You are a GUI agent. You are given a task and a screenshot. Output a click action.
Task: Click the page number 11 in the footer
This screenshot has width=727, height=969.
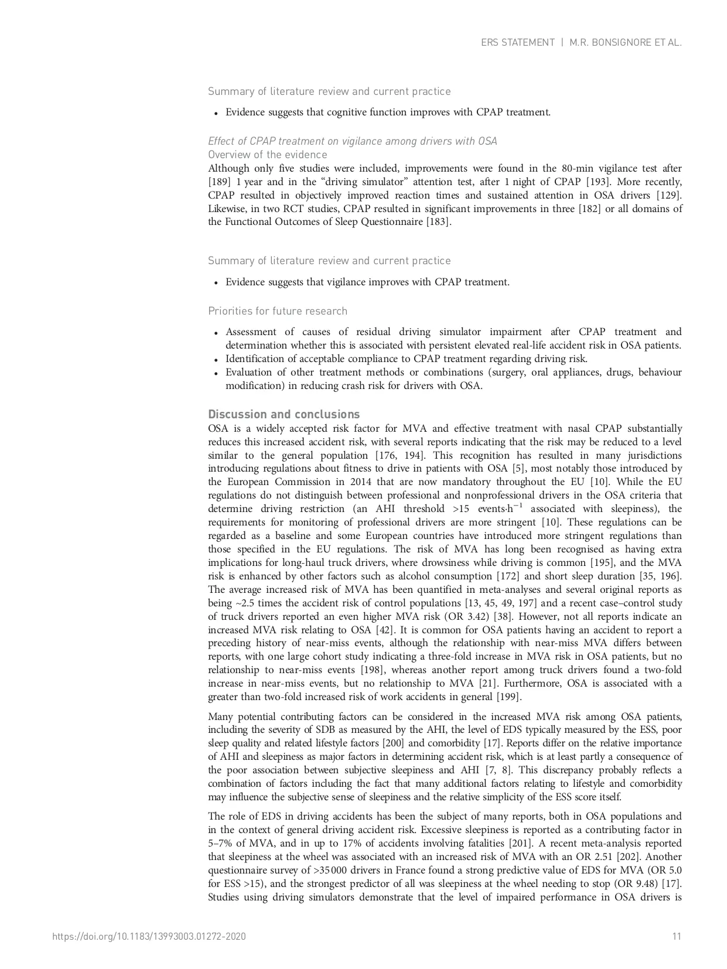[677, 936]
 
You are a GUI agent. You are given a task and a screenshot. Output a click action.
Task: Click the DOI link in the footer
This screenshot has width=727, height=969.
[149, 936]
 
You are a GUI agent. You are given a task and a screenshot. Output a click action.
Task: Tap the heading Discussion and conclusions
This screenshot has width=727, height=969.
[284, 414]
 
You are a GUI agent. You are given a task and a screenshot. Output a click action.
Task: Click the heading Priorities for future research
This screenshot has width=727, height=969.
[278, 311]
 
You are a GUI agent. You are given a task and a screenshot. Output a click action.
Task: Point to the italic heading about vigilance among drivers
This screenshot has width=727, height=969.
[353, 141]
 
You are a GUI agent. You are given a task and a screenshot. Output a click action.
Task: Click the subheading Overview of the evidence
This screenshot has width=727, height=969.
[268, 155]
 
